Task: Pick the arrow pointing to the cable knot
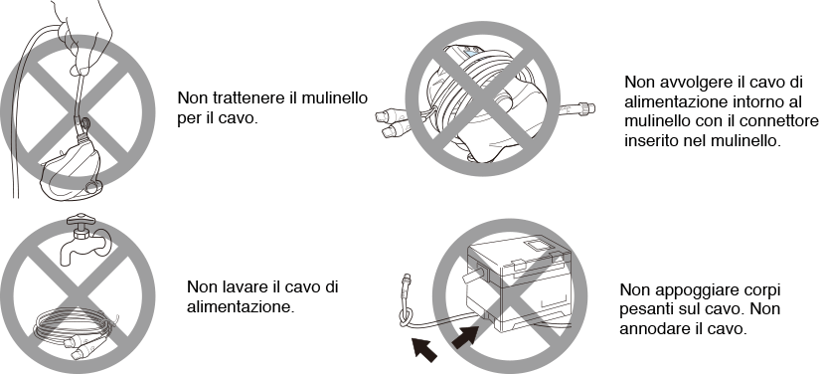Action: [x=424, y=350]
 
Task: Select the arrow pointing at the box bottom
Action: [x=465, y=337]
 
